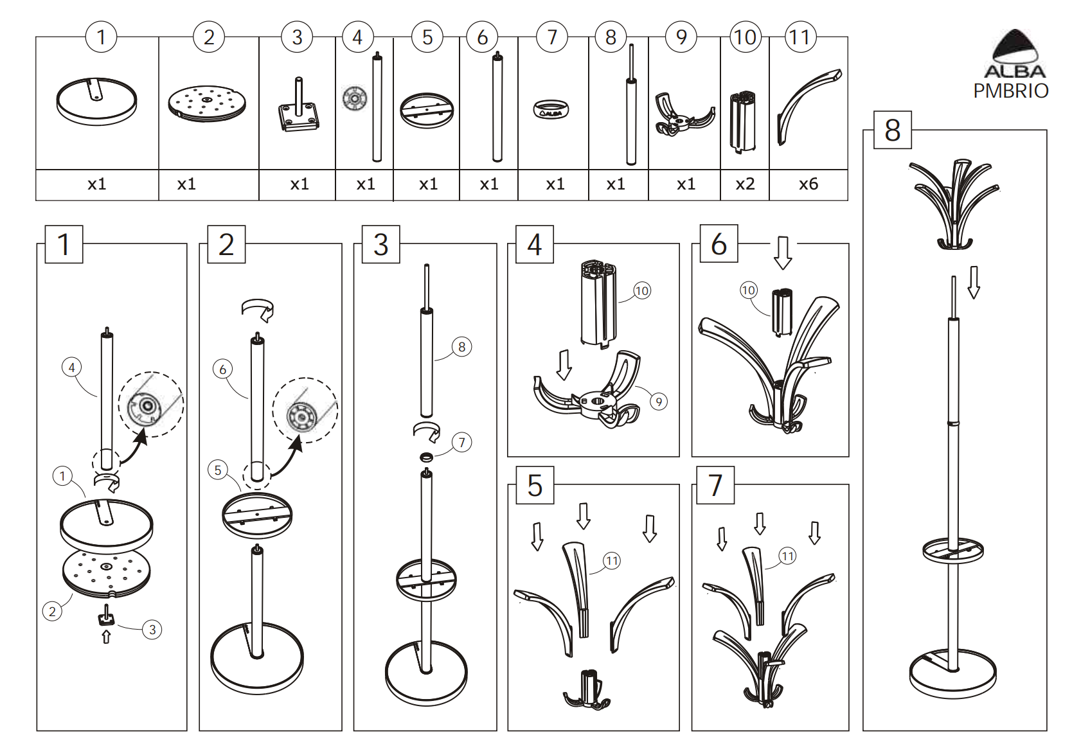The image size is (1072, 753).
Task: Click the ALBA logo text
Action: click(1015, 72)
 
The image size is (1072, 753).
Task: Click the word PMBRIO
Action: click(1011, 91)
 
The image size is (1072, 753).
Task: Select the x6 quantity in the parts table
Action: click(808, 184)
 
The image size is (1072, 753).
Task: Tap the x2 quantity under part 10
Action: click(745, 184)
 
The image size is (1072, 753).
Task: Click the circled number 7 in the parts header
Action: click(552, 37)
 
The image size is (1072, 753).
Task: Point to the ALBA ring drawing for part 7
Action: click(551, 109)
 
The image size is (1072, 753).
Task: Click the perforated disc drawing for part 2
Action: click(207, 104)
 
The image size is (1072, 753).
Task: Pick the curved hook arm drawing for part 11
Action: click(808, 106)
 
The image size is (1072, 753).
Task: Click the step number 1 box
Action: click(64, 244)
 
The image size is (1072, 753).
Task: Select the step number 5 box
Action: click(535, 485)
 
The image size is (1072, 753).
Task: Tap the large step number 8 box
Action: click(893, 130)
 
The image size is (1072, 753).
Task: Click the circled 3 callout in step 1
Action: click(152, 630)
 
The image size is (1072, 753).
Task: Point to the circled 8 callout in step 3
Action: click(462, 347)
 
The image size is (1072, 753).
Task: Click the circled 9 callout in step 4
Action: click(659, 402)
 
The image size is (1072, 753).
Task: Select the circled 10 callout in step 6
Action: click(749, 290)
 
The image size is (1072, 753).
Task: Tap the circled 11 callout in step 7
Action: click(788, 556)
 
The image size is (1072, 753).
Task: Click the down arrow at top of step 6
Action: click(783, 252)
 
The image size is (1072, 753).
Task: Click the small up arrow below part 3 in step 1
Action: click(106, 637)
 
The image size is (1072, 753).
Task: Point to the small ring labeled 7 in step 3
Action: click(426, 458)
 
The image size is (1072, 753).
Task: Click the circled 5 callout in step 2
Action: click(218, 470)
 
